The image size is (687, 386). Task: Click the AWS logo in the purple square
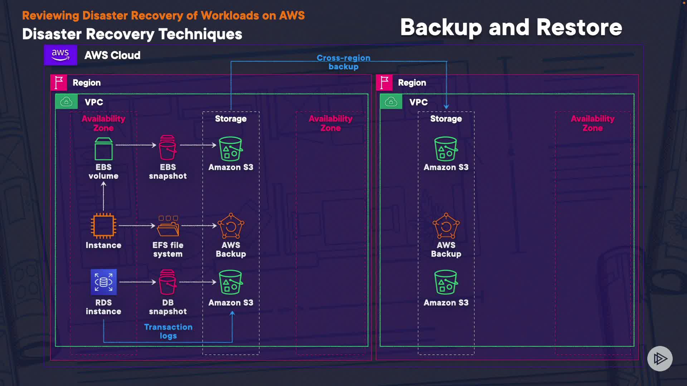(60, 55)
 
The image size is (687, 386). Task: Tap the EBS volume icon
(103, 149)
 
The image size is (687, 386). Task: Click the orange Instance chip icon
(103, 226)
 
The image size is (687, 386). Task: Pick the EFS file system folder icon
(168, 226)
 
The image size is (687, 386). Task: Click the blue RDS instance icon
(103, 282)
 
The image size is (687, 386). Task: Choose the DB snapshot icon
(167, 282)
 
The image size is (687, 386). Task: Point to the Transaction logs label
(168, 331)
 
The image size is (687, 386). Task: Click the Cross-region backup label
(343, 62)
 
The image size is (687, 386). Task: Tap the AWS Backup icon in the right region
(446, 226)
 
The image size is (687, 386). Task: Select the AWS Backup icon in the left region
(231, 226)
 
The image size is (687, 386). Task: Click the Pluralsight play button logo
(660, 358)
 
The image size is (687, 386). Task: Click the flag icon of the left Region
(59, 83)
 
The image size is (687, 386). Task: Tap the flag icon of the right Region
(384, 83)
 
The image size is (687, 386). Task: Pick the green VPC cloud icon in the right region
(391, 102)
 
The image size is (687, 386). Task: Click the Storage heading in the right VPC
(446, 119)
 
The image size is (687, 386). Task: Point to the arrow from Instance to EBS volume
(103, 196)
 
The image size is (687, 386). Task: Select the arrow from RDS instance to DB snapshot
(138, 282)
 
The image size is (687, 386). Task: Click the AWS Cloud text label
(112, 55)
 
